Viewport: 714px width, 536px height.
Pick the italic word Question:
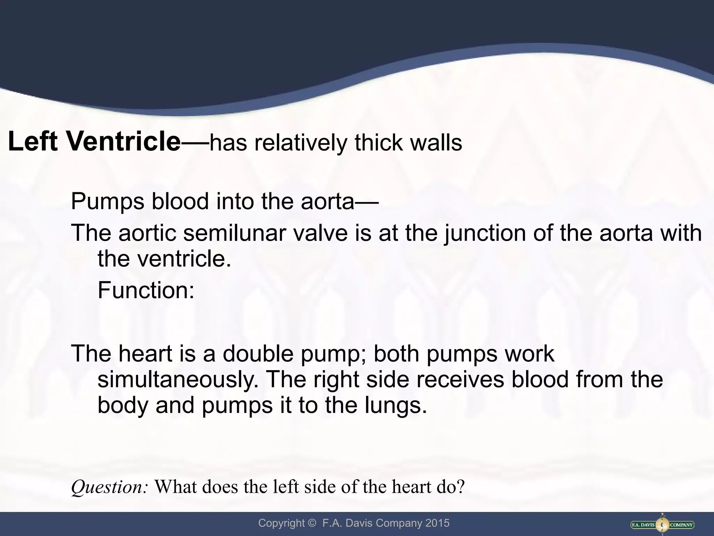coord(110,487)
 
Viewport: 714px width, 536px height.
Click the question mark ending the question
coord(461,487)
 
